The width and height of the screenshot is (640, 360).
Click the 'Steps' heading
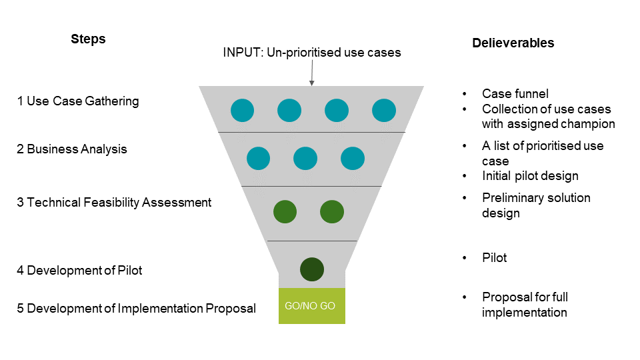(x=88, y=39)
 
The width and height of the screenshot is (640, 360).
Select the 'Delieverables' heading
(x=513, y=43)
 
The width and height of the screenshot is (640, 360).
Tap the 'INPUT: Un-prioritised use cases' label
(x=312, y=52)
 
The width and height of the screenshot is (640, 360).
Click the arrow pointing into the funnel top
(x=311, y=74)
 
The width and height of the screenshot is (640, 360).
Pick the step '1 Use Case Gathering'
(x=78, y=101)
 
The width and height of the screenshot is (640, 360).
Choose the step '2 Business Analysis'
(x=72, y=149)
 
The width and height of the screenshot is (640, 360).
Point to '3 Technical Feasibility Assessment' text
(x=114, y=202)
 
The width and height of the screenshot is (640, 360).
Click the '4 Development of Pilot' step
(x=79, y=270)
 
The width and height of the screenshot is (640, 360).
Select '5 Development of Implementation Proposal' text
(x=136, y=309)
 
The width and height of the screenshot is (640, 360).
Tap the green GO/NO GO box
(x=311, y=306)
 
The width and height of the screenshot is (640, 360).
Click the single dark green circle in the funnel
(x=311, y=269)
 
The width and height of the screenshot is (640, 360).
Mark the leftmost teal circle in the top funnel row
(x=242, y=110)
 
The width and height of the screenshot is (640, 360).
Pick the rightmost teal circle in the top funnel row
(x=384, y=110)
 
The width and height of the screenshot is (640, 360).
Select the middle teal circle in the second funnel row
(x=305, y=159)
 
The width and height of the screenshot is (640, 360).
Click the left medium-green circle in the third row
(x=285, y=212)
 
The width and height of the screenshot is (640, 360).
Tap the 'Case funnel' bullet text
(x=515, y=94)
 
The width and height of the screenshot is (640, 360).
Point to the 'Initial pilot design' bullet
(x=530, y=177)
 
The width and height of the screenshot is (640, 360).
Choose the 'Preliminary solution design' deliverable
(x=536, y=205)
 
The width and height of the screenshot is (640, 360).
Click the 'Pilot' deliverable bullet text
(x=494, y=258)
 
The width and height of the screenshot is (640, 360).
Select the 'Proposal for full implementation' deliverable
(x=525, y=305)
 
